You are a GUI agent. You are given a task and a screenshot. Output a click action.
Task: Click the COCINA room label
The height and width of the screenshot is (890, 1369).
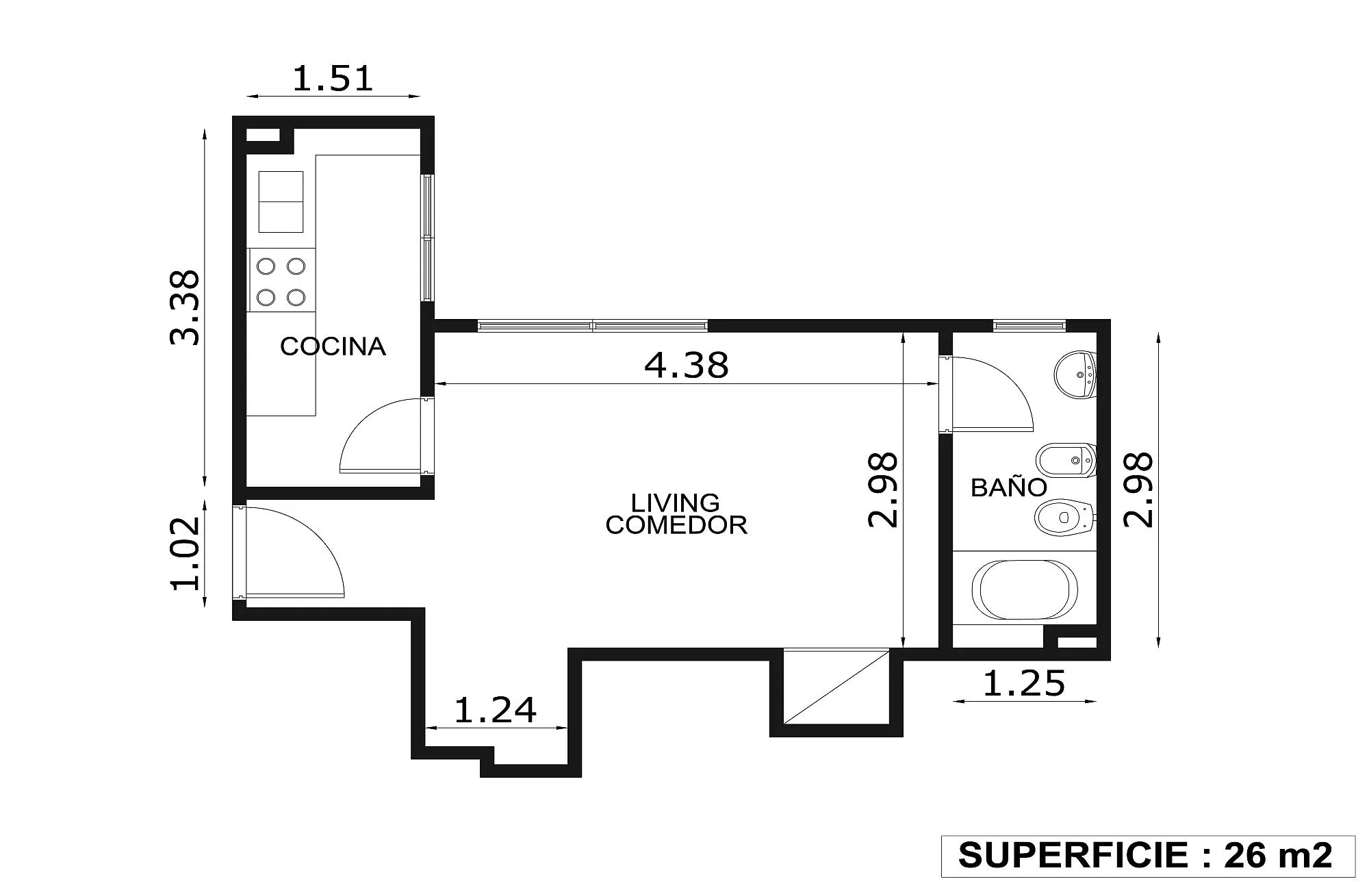pyautogui.click(x=333, y=346)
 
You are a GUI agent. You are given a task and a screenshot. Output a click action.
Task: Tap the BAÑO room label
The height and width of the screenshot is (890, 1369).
pyautogui.click(x=1009, y=487)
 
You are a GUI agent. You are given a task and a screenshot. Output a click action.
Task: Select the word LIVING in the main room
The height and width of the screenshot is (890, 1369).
pyautogui.click(x=675, y=503)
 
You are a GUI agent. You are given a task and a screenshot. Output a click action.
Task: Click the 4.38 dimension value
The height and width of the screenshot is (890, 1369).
pyautogui.click(x=687, y=365)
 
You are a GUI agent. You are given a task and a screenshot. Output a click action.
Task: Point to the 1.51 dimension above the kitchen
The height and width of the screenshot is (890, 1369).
pyautogui.click(x=333, y=78)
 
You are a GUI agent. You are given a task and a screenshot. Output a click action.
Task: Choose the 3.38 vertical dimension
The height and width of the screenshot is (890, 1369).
pyautogui.click(x=185, y=307)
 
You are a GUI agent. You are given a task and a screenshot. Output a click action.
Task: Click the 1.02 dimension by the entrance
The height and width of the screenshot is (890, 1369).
pyautogui.click(x=185, y=553)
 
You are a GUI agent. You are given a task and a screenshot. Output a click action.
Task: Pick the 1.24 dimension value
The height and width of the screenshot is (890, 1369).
pyautogui.click(x=495, y=710)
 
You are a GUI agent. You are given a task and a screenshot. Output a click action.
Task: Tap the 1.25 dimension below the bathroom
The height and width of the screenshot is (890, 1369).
pyautogui.click(x=1024, y=683)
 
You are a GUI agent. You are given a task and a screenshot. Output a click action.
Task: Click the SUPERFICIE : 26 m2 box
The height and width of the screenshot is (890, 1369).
pyautogui.click(x=1148, y=856)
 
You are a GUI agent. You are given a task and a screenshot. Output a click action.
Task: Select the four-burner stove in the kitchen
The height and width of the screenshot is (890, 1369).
pyautogui.click(x=281, y=281)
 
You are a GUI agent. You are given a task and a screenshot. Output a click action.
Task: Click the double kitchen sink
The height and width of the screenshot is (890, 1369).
pyautogui.click(x=281, y=202)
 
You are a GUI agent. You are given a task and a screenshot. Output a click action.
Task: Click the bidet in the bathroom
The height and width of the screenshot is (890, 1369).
pyautogui.click(x=1066, y=461)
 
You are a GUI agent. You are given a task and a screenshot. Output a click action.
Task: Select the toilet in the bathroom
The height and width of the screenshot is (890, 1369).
pyautogui.click(x=1065, y=518)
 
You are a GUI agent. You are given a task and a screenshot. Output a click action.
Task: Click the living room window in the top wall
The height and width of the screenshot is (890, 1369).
pyautogui.click(x=593, y=326)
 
